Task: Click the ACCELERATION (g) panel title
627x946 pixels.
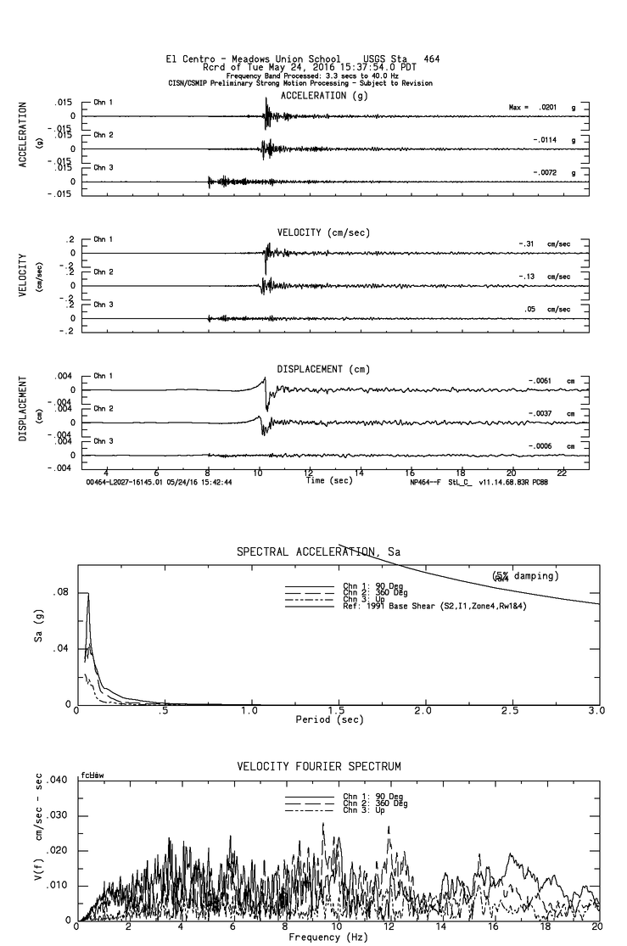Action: (x=324, y=96)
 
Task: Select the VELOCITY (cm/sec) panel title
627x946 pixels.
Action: (x=323, y=232)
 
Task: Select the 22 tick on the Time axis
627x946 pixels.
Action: (x=562, y=471)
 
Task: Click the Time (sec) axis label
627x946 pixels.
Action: (x=330, y=480)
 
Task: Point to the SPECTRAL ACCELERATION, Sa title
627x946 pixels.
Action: (x=319, y=552)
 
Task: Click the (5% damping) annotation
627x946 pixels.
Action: (x=524, y=576)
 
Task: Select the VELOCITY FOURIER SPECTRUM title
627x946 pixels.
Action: (x=318, y=766)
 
